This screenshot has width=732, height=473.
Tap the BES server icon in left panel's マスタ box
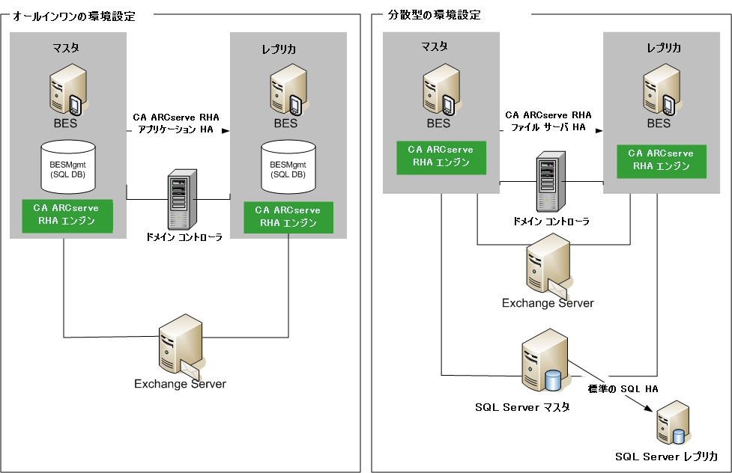click(x=65, y=89)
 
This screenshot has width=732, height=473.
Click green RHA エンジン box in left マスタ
click(x=67, y=213)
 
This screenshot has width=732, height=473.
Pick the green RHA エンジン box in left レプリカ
click(x=287, y=216)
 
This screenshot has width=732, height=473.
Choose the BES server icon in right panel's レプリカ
click(x=659, y=88)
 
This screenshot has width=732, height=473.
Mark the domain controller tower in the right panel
click(x=551, y=183)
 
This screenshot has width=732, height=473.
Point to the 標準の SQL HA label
click(x=622, y=389)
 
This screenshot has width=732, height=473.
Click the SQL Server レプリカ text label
click(x=667, y=457)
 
